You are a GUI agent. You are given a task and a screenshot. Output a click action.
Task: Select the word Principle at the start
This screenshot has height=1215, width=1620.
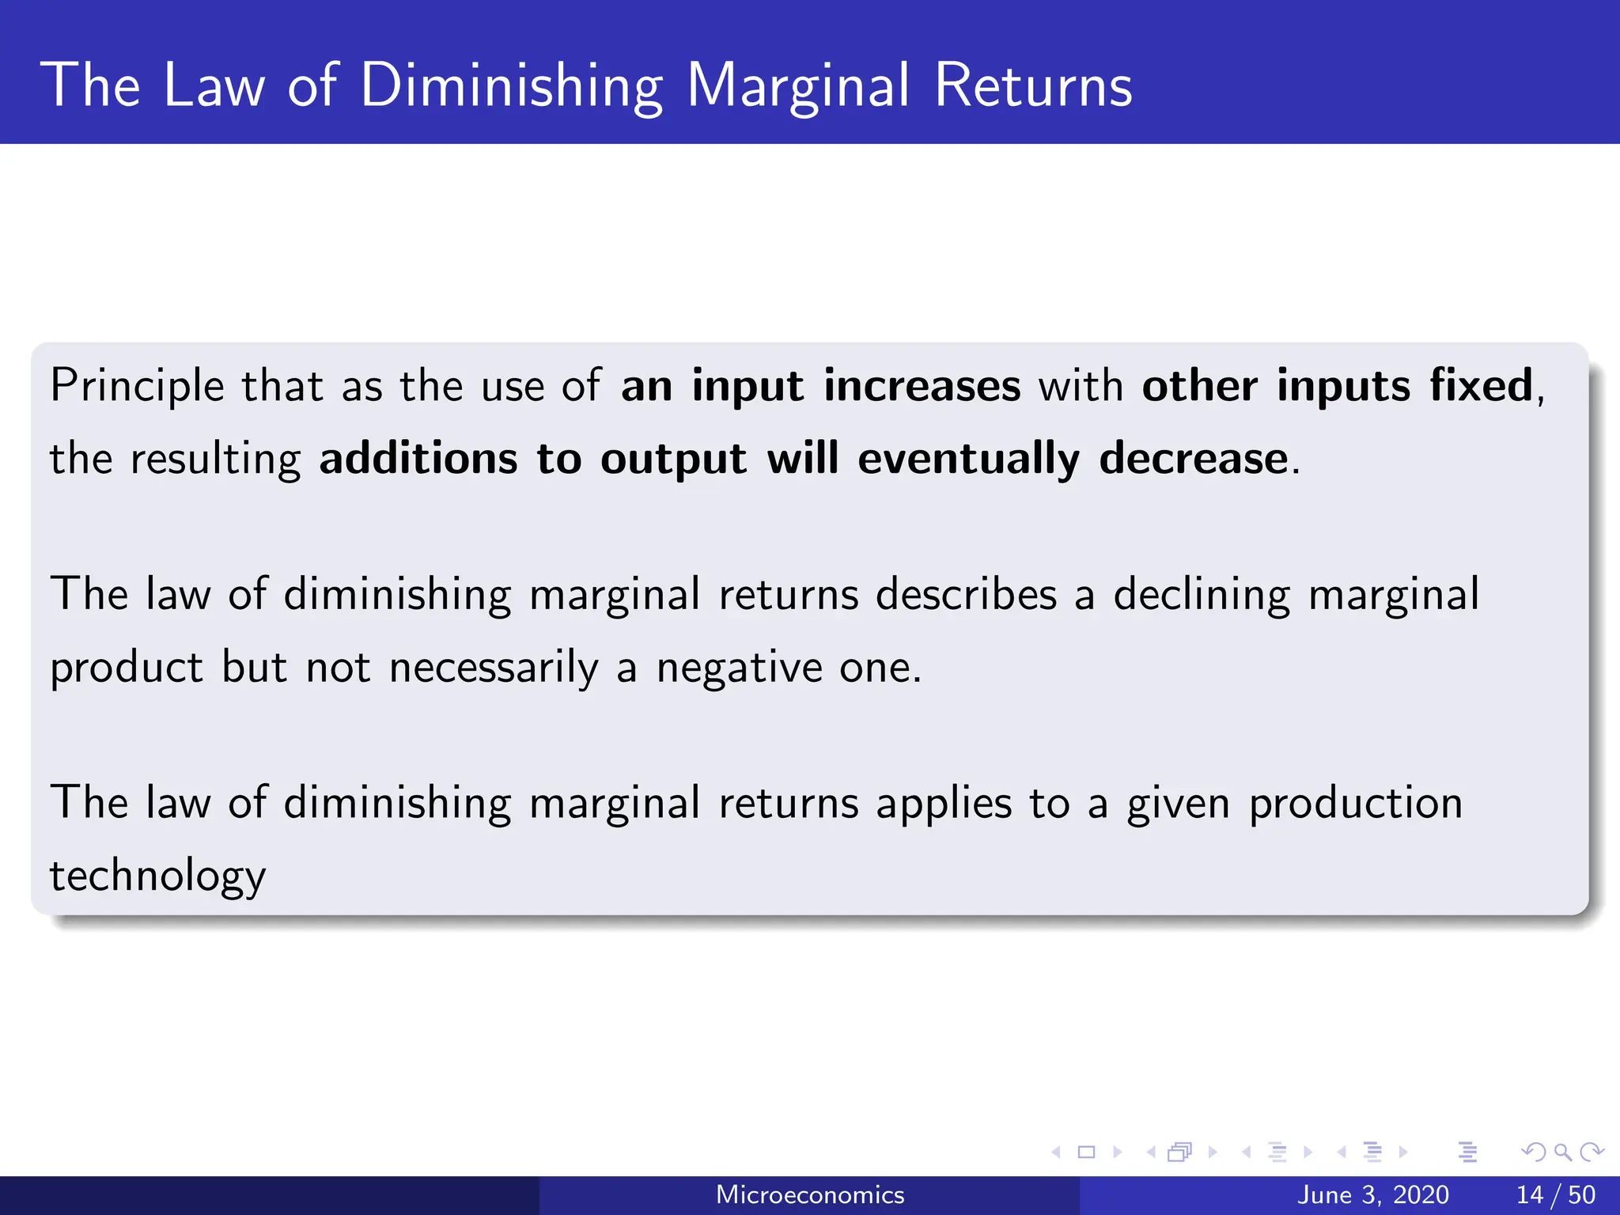point(137,387)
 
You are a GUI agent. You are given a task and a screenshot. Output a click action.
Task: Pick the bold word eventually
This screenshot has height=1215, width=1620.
point(968,459)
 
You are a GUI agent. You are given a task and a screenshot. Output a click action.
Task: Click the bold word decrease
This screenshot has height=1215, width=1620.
point(1194,459)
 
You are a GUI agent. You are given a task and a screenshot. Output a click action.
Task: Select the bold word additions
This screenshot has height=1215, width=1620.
point(418,459)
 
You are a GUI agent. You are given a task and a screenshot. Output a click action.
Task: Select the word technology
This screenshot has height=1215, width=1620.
point(157,876)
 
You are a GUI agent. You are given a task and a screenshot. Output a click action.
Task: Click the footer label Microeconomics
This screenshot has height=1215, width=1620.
point(810,1194)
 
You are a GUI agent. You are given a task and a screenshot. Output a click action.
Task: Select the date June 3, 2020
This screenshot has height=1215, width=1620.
point(1373,1194)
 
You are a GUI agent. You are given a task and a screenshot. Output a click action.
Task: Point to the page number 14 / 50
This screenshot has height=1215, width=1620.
point(1555,1194)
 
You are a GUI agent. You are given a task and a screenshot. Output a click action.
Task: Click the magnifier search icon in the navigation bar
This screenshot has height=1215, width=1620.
point(1562,1152)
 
